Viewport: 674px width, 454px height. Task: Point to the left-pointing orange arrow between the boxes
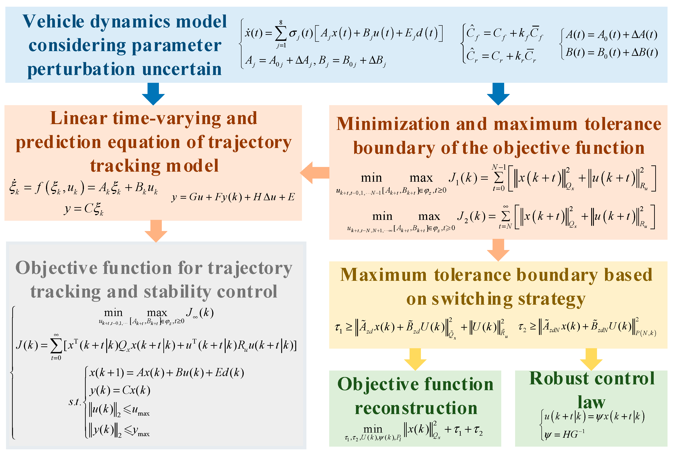point(314,173)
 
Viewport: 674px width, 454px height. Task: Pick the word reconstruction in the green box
point(416,408)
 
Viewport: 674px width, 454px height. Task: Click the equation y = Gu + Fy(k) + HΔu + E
point(233,197)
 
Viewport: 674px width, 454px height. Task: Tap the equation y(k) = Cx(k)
point(120,390)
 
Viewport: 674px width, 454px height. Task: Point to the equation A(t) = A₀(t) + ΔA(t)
point(611,35)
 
